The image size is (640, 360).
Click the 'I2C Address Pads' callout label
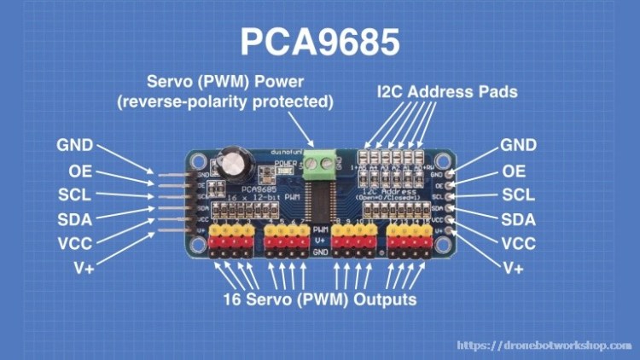[x=447, y=91]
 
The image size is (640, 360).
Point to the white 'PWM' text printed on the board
[x=321, y=230]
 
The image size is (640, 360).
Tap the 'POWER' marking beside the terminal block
[x=287, y=160]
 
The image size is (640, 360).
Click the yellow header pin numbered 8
[x=338, y=230]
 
